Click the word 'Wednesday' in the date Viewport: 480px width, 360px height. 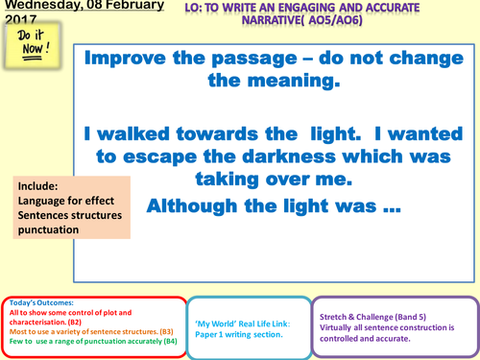pyautogui.click(x=36, y=7)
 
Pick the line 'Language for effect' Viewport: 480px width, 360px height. pyautogui.click(x=66, y=201)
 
